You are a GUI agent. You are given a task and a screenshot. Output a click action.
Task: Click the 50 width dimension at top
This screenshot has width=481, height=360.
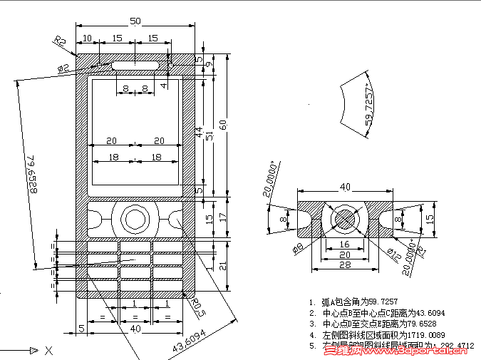pos(135,21)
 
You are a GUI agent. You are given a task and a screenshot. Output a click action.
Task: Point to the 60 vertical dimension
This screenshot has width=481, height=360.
pos(223,125)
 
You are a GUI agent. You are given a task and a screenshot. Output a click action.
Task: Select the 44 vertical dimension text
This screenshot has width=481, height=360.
pos(200,132)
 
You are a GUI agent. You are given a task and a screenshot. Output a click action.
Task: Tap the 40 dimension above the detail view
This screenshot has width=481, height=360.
pos(345,187)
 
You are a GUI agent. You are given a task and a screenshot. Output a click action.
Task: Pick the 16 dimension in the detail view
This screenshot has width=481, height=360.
pos(344,242)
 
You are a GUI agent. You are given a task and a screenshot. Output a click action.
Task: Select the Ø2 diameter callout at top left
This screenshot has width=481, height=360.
pos(63,68)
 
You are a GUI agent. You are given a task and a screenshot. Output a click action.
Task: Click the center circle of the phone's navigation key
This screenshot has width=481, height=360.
pos(135,219)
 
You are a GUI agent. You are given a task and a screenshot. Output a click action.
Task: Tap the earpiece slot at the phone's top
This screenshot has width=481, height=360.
pos(135,65)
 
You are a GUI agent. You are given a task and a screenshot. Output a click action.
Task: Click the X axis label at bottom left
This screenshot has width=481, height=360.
pos(48,350)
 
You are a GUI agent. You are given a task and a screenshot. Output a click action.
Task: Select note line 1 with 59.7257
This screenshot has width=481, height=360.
pos(371,302)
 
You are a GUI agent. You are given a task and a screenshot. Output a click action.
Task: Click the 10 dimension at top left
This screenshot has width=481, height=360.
pos(88,38)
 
